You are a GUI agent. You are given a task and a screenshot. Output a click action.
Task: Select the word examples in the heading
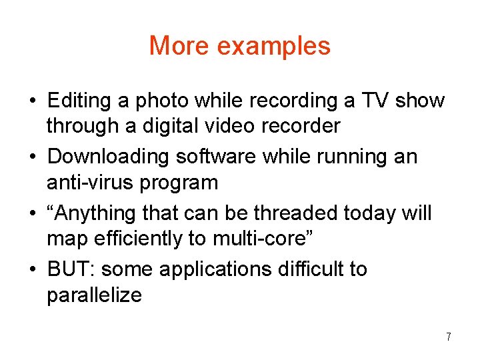(x=274, y=47)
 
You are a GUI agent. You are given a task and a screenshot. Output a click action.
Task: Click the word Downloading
(x=109, y=157)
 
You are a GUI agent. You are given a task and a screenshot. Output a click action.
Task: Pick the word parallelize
(x=94, y=295)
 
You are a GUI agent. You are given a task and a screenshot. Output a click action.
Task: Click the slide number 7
(x=449, y=337)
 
